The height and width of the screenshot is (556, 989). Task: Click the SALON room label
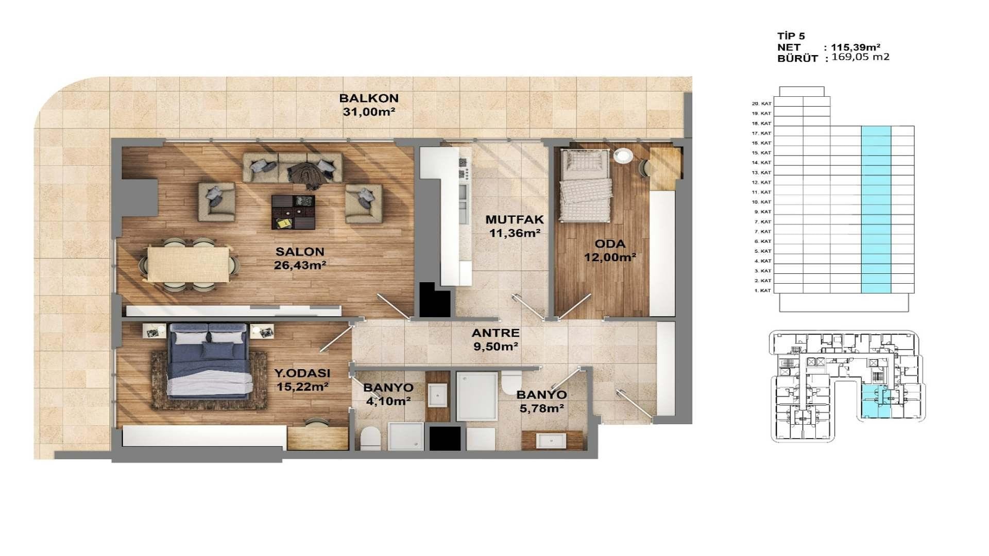(300, 252)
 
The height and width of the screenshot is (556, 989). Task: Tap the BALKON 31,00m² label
(369, 105)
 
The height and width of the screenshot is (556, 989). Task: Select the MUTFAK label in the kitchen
(515, 220)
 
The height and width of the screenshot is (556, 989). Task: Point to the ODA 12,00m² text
(610, 250)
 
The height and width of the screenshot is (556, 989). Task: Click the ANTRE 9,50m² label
(496, 340)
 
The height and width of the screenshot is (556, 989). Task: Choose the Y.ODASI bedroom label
(302, 373)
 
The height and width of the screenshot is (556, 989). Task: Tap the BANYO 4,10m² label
(388, 394)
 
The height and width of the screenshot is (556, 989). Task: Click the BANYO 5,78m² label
(541, 402)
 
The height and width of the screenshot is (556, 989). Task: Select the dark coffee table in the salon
(293, 212)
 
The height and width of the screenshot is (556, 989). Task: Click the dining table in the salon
(189, 264)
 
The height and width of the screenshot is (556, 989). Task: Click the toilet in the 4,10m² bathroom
(370, 438)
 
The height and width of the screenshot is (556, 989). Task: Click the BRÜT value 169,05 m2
(861, 57)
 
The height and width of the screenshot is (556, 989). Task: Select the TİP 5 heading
(791, 36)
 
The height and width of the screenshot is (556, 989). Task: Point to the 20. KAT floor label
(761, 103)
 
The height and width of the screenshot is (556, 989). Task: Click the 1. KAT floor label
(762, 290)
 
